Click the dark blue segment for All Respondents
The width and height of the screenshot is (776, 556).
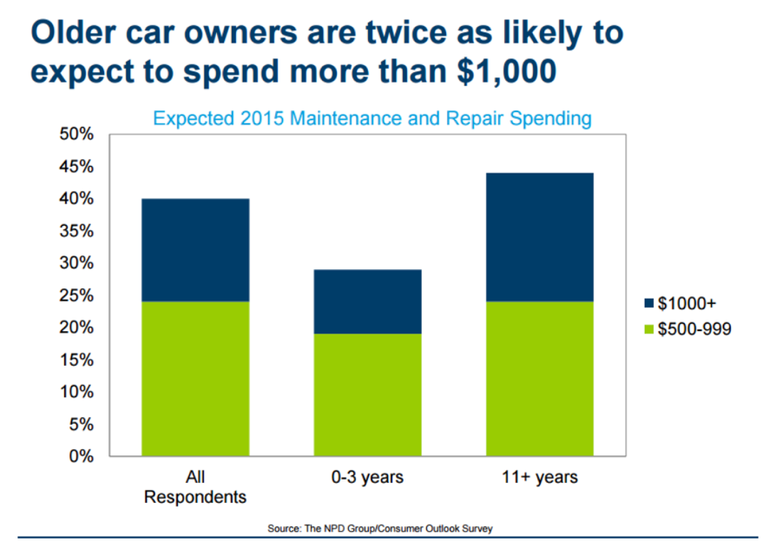(195, 250)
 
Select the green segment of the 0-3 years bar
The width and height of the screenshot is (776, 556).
(368, 394)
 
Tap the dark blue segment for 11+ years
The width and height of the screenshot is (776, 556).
(541, 237)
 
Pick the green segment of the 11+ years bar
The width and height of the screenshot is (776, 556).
(541, 379)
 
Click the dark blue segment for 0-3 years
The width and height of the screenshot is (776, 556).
(368, 301)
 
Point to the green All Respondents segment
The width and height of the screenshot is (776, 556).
(195, 379)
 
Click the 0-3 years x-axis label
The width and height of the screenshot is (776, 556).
(368, 478)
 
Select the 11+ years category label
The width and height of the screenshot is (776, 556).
(541, 478)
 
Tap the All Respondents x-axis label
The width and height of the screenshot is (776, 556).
(195, 487)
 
